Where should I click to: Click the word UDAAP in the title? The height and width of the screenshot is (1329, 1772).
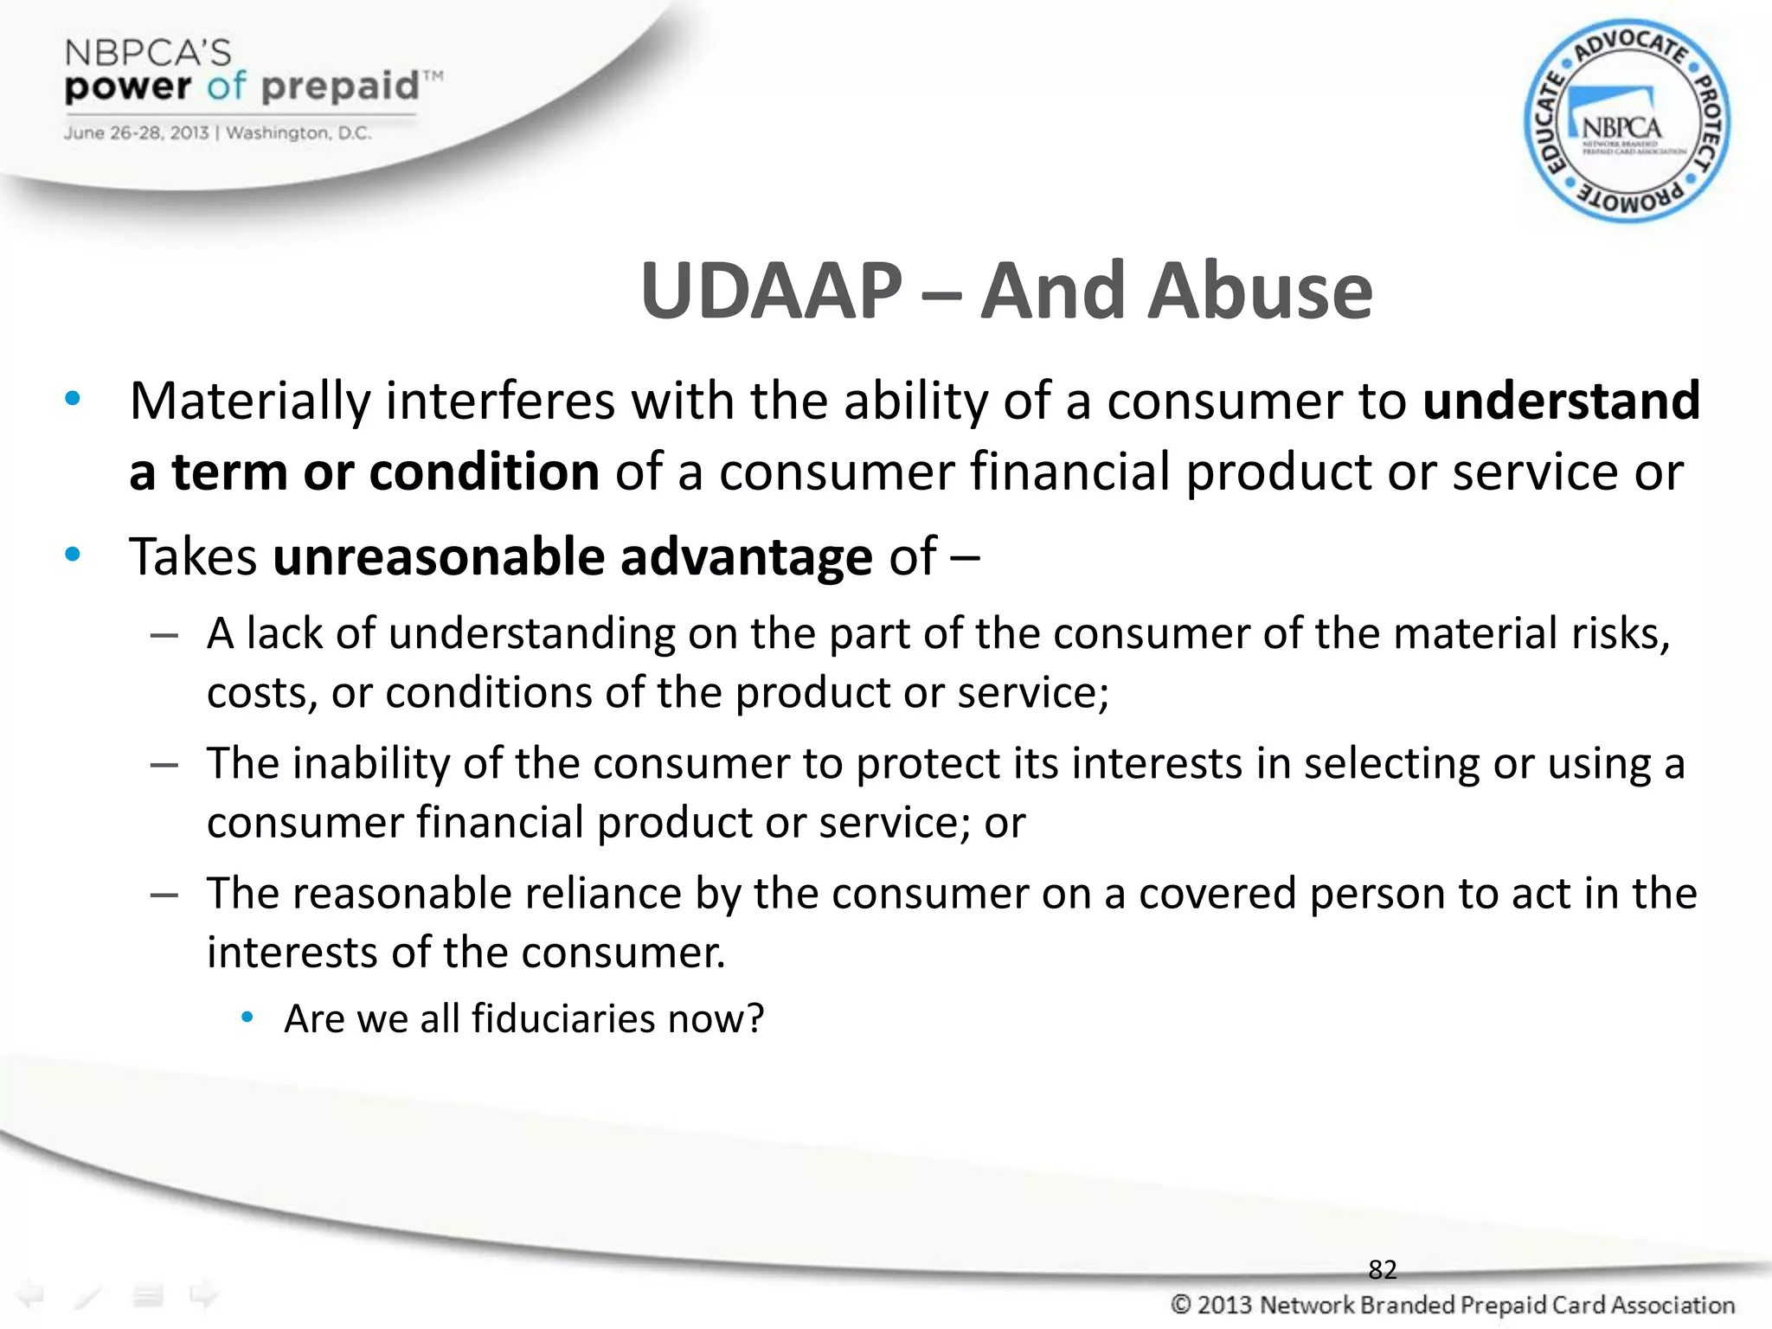pyautogui.click(x=771, y=292)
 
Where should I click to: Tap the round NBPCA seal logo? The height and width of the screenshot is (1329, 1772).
pyautogui.click(x=1626, y=122)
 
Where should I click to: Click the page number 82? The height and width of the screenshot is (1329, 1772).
pyautogui.click(x=1382, y=1269)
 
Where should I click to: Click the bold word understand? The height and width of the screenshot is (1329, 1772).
pyautogui.click(x=1561, y=401)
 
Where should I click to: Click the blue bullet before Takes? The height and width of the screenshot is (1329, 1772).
pyautogui.click(x=73, y=555)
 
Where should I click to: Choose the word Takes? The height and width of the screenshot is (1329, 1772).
pyautogui.click(x=193, y=556)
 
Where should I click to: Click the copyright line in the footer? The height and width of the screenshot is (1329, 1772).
pyautogui.click(x=1452, y=1305)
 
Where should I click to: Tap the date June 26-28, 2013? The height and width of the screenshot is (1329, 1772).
pyautogui.click(x=136, y=133)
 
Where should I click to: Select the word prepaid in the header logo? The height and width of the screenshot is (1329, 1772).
pyautogui.click(x=340, y=87)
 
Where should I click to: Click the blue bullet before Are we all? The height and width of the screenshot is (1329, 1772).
pyautogui.click(x=247, y=1018)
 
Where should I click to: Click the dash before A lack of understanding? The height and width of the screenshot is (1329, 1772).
pyautogui.click(x=164, y=636)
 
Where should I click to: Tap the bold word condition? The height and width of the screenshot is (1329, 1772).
pyautogui.click(x=485, y=472)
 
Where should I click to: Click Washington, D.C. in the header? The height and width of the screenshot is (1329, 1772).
pyautogui.click(x=299, y=133)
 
